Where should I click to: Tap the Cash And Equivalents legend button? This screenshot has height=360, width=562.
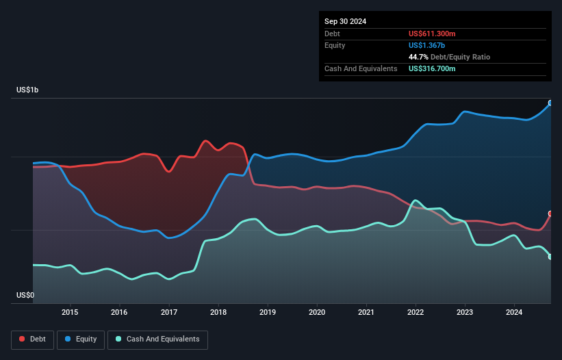157,339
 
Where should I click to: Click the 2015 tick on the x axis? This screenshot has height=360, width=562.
70,313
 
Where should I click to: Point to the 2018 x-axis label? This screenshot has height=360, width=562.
218,313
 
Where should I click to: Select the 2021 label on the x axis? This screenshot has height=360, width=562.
366,313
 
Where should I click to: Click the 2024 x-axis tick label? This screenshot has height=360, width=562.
514,313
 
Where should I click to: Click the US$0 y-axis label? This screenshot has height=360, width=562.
25,295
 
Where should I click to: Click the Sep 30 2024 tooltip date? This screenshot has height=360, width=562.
345,21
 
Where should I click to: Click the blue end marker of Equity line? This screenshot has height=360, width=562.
550,103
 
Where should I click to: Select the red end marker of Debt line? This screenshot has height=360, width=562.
550,214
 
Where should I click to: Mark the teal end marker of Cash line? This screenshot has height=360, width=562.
550,257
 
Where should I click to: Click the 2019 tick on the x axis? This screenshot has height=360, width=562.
268,313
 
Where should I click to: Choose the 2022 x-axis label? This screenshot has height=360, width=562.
416,313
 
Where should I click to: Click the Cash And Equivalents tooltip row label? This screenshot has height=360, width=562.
361,68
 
